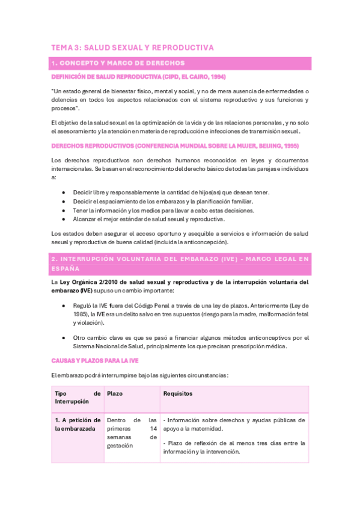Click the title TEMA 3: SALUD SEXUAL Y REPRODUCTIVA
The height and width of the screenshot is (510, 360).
pos(132,48)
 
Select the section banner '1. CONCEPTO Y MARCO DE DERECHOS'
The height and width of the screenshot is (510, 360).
pos(118,63)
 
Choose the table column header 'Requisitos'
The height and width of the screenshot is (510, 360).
pos(178,393)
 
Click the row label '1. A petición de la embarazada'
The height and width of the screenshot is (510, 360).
pos(77,424)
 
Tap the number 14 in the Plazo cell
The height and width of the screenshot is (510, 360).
pos(153,429)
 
